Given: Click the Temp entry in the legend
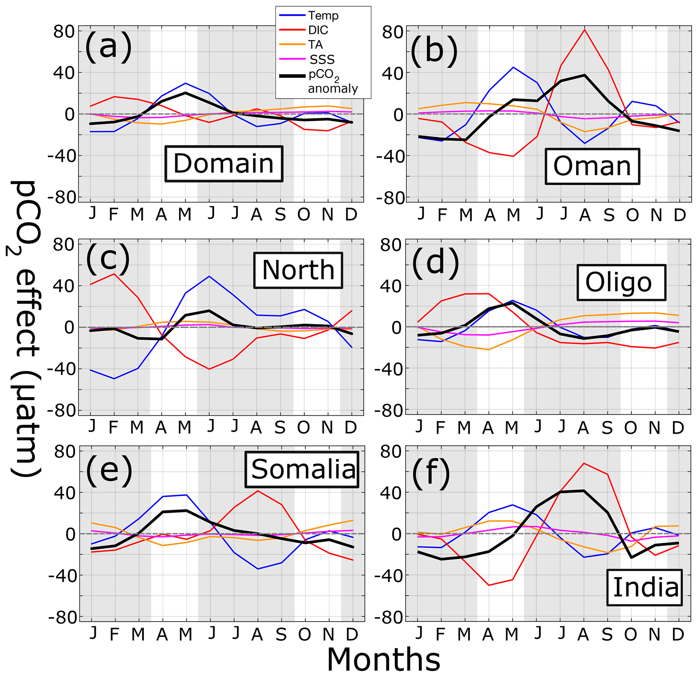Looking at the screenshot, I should [x=323, y=16].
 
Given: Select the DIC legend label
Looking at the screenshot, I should [x=318, y=30].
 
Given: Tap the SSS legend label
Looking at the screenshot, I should [x=322, y=59].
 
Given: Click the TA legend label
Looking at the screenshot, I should [x=315, y=45].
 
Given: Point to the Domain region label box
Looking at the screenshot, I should [x=224, y=164].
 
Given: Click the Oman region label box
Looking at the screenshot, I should [x=592, y=166].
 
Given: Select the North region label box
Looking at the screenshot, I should [x=298, y=270].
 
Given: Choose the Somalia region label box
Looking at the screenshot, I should [x=302, y=469].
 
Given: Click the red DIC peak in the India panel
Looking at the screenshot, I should [x=583, y=463].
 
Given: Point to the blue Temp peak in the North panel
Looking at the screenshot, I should [x=209, y=276].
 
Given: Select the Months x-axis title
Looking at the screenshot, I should [x=384, y=659].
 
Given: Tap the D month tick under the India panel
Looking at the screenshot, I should [x=678, y=634].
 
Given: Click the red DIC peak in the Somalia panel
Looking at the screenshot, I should [x=257, y=491].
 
